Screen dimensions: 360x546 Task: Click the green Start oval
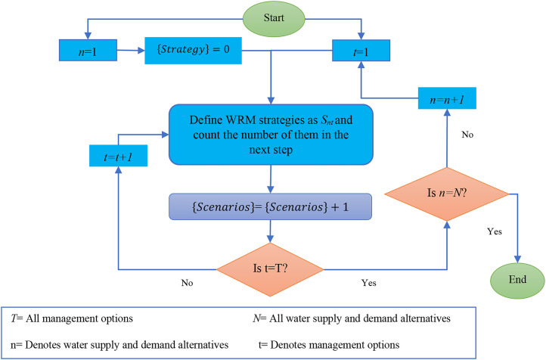point(274,17)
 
